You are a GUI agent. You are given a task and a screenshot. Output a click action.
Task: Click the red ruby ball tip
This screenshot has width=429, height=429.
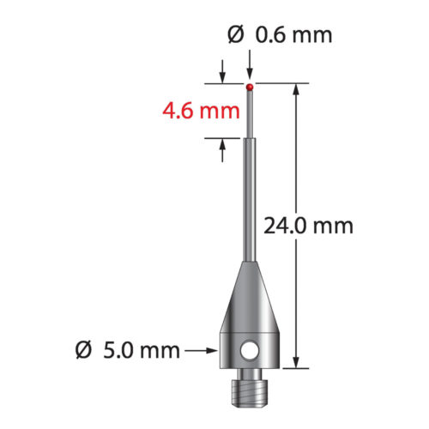250,87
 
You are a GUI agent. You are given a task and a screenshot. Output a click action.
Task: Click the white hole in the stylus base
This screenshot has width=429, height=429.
249,350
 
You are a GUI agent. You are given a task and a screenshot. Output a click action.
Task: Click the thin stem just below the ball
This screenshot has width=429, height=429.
250,112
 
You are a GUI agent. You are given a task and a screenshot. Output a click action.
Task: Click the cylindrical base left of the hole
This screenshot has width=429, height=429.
230,350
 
